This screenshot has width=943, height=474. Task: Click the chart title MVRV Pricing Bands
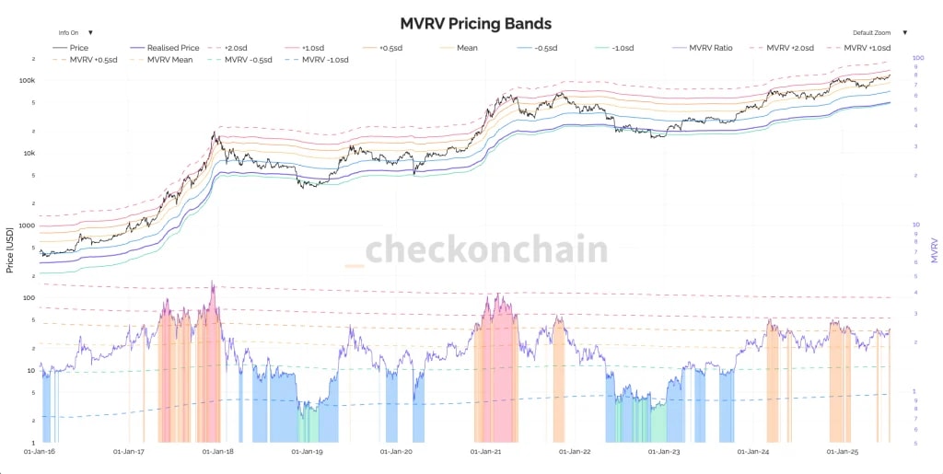point(475,23)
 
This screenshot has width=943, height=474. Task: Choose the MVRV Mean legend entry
point(169,60)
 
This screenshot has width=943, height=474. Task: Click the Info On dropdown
point(76,32)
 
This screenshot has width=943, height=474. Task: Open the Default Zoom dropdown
point(879,32)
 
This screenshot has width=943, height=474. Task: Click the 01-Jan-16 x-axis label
point(39,452)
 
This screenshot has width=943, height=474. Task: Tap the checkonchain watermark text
point(486,250)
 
